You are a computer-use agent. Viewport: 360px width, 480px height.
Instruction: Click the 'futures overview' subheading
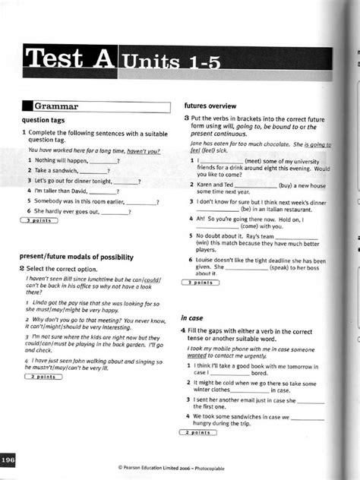pos(210,105)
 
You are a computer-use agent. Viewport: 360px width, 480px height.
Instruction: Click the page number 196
pos(8,461)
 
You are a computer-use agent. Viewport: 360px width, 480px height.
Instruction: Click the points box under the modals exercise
pos(46,377)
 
